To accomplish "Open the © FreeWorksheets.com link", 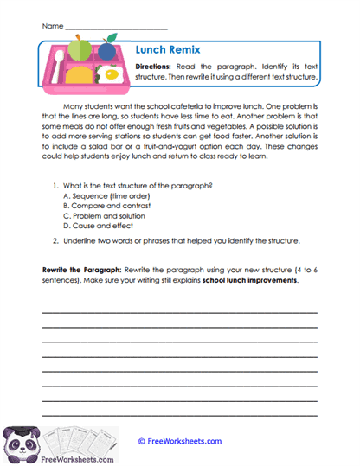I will coord(179,440).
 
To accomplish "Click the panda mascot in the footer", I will coord(22,441).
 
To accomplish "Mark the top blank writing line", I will coord(179,312).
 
